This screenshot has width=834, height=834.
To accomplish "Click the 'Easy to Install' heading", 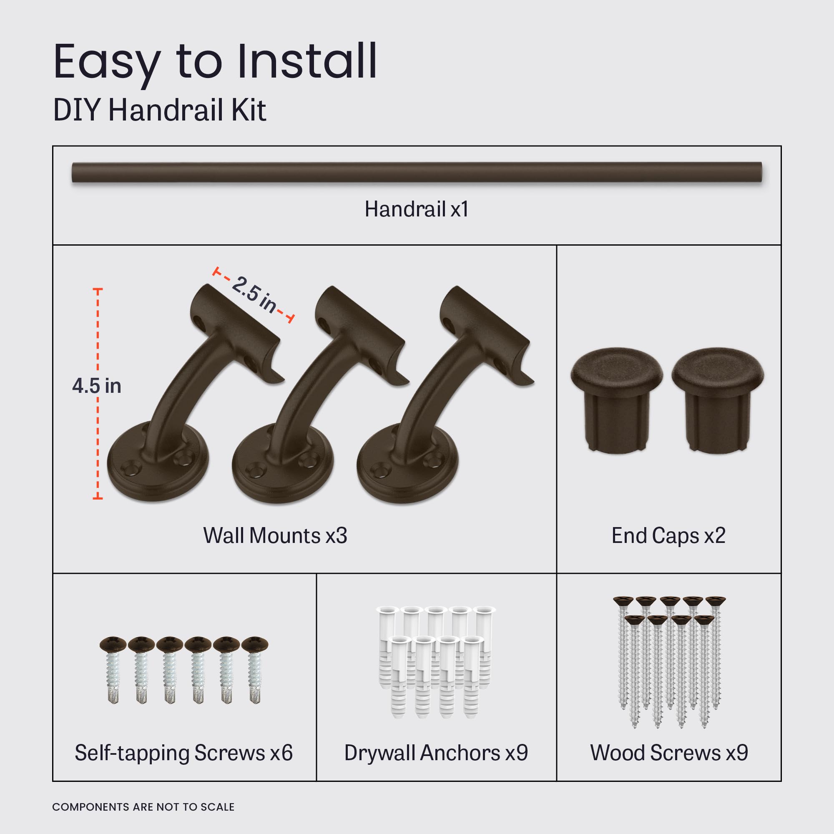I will [215, 63].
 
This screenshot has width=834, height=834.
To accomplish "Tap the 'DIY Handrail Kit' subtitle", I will [159, 110].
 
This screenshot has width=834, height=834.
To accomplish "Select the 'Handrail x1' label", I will [417, 209].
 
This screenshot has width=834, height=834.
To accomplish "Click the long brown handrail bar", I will [417, 172].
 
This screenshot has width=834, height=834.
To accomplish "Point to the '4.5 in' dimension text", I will [96, 386].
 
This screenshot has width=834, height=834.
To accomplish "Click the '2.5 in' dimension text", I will [254, 294].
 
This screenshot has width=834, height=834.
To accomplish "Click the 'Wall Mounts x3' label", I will [275, 536].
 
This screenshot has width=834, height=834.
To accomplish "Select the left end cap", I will [616, 399].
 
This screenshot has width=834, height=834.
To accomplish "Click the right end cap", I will [717, 399].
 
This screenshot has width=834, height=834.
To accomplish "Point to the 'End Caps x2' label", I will [668, 536].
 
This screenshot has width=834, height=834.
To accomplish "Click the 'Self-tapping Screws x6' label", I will [183, 753].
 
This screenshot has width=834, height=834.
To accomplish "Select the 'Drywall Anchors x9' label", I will [436, 753].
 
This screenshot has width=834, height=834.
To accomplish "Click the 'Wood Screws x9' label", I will [669, 753].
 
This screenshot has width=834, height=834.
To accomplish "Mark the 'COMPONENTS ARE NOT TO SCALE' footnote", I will [143, 807].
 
